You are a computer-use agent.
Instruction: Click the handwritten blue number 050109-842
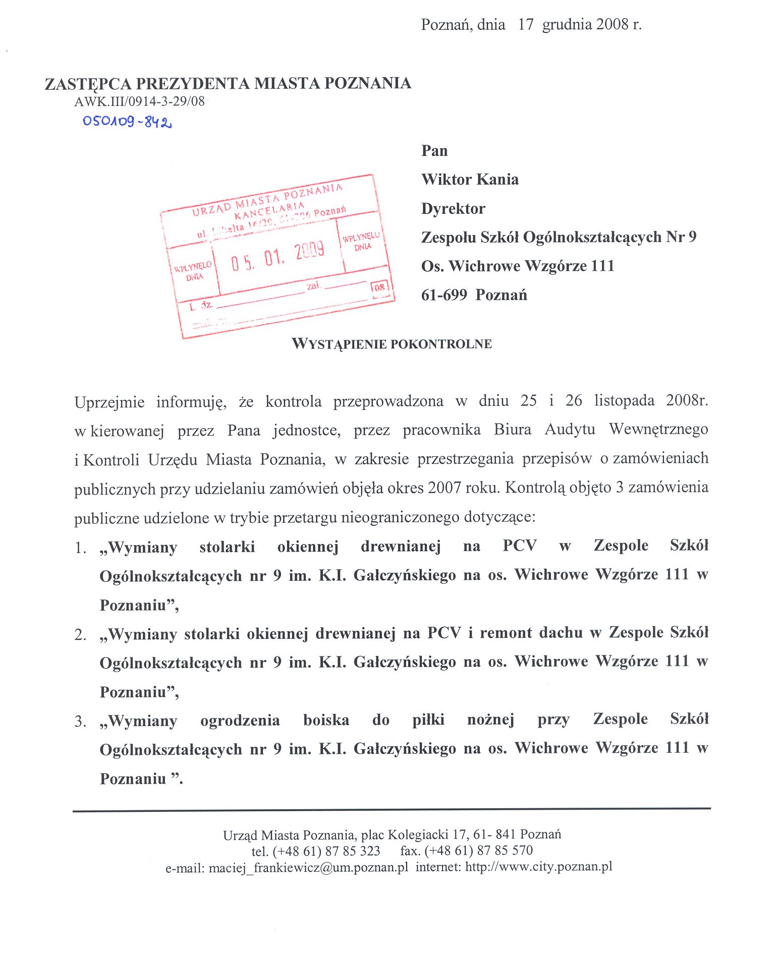(x=127, y=122)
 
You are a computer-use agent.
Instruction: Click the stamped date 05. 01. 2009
(x=277, y=256)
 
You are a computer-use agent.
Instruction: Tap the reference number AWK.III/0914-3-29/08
(x=139, y=101)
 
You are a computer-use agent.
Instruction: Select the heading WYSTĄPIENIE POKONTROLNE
(x=392, y=344)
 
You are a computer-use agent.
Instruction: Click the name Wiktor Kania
(x=470, y=179)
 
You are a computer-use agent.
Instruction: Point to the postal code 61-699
(x=444, y=295)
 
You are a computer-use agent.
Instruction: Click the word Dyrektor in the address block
(x=453, y=209)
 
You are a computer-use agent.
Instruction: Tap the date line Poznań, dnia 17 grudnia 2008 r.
(x=531, y=25)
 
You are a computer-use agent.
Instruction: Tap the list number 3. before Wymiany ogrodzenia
(x=80, y=722)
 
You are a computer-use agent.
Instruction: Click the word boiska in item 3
(x=326, y=720)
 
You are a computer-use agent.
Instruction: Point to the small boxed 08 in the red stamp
(x=379, y=287)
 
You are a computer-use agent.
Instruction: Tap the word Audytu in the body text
(x=570, y=430)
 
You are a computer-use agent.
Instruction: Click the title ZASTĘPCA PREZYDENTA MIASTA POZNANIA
(x=228, y=84)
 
